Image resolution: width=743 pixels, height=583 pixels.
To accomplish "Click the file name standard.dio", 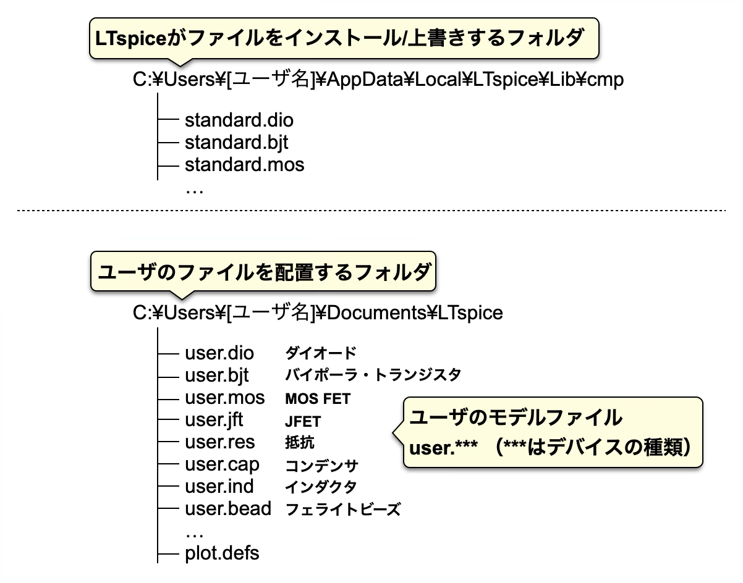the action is (x=239, y=120).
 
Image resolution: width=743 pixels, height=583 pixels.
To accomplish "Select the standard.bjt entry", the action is (x=236, y=143).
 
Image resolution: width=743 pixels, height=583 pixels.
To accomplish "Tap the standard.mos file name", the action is (x=245, y=165).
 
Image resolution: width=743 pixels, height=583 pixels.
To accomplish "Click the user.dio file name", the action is (x=219, y=353).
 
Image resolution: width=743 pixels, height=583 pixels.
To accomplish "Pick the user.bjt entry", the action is (x=217, y=375).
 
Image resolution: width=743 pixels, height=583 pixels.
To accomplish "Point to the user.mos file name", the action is (x=224, y=398).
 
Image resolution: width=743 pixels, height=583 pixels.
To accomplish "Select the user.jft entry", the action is (x=214, y=420).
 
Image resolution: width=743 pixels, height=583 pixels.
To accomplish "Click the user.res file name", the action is (x=219, y=442).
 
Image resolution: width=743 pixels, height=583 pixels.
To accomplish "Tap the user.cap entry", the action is (x=222, y=465).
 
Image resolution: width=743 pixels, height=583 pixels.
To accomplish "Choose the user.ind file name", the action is (x=219, y=486).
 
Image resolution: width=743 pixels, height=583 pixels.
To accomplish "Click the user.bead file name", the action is (x=228, y=508).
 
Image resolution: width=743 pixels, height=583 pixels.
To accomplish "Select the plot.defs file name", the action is (x=222, y=553).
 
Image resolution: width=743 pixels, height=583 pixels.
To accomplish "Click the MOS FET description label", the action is (x=318, y=398).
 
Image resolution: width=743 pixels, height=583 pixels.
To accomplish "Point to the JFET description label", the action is (x=303, y=421).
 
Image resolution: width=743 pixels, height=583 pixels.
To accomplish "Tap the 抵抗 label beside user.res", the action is (x=300, y=443).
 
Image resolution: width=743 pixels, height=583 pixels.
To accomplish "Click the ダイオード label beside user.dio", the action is (x=321, y=353).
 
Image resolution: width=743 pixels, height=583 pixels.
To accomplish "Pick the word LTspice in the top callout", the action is (x=130, y=38).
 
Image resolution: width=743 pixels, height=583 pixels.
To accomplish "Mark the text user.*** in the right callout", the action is (x=443, y=448).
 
